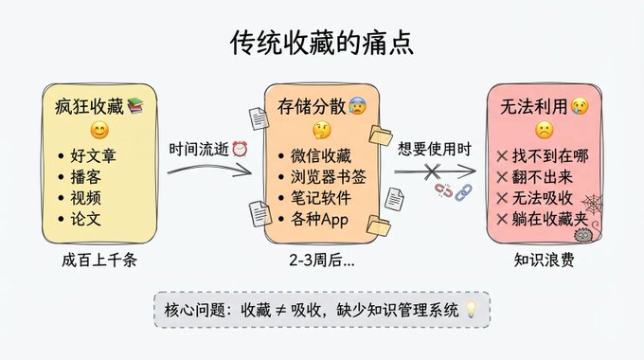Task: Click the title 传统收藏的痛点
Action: point(322,43)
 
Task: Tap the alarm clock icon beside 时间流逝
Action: point(240,149)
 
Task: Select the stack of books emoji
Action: point(135,105)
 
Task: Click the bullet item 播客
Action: point(85,177)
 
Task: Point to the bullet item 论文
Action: point(85,219)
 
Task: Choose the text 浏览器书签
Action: point(329,177)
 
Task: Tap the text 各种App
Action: point(319,219)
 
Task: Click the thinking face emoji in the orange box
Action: point(322,131)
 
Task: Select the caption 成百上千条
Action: point(99,260)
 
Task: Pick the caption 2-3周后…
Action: point(322,260)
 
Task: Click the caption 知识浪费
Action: point(544,260)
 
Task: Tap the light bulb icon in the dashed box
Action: point(471,309)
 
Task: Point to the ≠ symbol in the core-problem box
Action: point(280,310)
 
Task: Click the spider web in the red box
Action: point(592,204)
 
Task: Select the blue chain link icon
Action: point(463,191)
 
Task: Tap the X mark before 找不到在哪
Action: point(502,156)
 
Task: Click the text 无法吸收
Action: point(542,198)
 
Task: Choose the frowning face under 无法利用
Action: point(544,131)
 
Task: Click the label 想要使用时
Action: point(434,149)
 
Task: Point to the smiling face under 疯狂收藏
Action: point(99,131)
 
